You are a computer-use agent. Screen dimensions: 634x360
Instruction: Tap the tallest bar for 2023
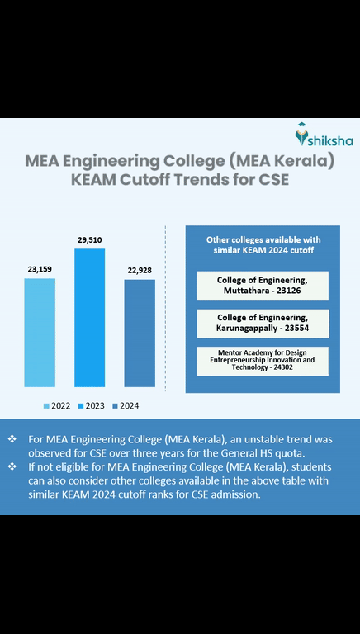[89, 317]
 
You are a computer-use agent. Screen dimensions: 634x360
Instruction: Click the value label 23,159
[39, 268]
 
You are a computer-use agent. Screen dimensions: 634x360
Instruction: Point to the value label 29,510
[89, 239]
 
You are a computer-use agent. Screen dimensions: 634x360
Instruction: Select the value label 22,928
[140, 270]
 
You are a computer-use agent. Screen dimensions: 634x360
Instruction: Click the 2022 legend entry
[56, 405]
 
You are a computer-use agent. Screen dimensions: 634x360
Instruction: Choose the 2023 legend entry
[90, 405]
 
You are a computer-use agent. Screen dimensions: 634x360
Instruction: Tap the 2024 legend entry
[124, 405]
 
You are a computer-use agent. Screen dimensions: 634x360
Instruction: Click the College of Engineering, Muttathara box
[262, 285]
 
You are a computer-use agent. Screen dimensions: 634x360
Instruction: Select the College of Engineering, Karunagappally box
[262, 323]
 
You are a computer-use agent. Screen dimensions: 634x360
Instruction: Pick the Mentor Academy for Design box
[262, 360]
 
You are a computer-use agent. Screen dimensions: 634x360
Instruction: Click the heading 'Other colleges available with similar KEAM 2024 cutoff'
[262, 244]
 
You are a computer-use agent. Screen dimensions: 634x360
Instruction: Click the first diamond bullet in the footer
[12, 439]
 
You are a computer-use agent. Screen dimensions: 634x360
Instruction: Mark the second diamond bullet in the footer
[12, 467]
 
